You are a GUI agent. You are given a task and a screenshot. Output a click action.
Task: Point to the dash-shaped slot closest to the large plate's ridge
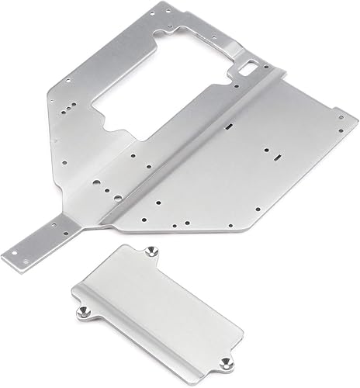pos(230,124)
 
